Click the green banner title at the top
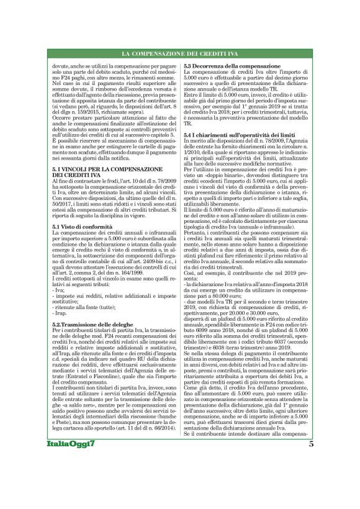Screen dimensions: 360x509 [180, 54]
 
